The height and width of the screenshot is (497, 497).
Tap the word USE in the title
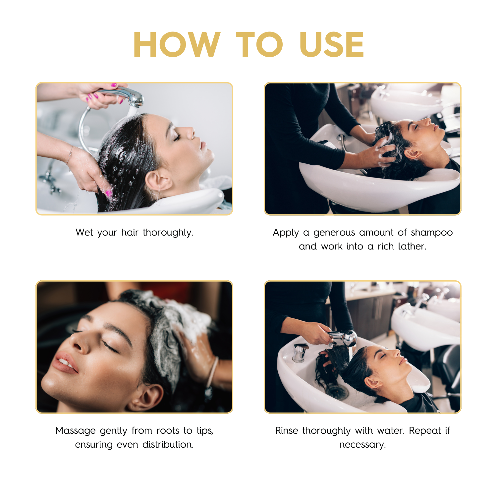click(332, 44)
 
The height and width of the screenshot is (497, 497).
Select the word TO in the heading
click(259, 44)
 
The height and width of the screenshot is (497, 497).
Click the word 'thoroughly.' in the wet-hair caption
click(168, 233)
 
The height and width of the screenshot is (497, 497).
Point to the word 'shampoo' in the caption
click(432, 233)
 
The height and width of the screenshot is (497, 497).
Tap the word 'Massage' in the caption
click(76, 431)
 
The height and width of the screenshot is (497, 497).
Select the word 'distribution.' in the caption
click(168, 444)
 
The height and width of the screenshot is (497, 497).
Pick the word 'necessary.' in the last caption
click(363, 445)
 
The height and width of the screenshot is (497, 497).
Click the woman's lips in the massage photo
click(66, 363)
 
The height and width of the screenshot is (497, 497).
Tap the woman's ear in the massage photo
click(145, 398)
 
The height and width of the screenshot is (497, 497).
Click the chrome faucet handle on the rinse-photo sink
click(300, 352)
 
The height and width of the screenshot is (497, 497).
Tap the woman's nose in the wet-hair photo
click(190, 133)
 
